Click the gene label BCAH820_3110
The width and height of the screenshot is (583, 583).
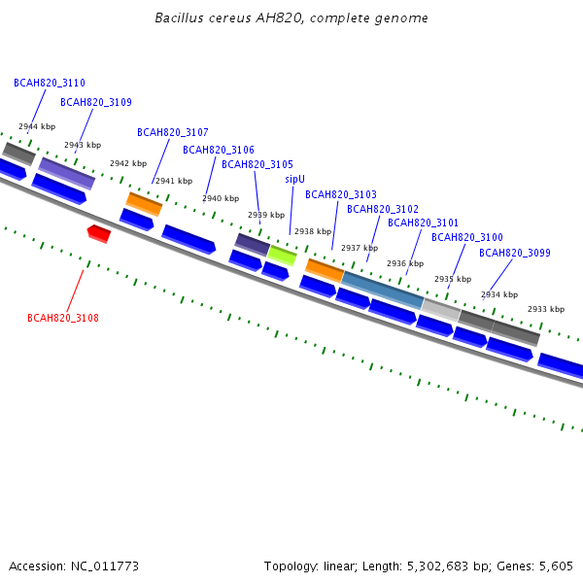[49, 84]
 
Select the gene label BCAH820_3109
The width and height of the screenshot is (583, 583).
[96, 102]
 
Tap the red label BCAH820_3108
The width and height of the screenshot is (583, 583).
[63, 318]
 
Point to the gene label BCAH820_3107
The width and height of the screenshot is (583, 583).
[173, 132]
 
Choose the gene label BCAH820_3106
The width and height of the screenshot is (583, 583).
[219, 150]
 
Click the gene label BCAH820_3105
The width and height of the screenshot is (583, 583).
[257, 164]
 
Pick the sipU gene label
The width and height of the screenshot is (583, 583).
[294, 179]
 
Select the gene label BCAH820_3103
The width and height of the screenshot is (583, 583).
[341, 194]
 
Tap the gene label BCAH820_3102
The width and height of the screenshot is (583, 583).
[383, 209]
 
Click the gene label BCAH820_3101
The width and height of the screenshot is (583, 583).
[424, 223]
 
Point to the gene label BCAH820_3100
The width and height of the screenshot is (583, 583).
[467, 237]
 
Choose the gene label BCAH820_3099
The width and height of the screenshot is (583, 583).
[515, 253]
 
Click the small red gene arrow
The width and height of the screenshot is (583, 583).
[99, 233]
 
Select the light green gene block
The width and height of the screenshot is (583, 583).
[282, 256]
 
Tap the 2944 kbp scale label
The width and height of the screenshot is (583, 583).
[37, 126]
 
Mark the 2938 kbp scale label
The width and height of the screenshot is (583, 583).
[313, 231]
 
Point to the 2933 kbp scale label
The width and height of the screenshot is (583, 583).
[546, 309]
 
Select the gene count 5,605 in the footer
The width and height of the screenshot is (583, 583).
[557, 566]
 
